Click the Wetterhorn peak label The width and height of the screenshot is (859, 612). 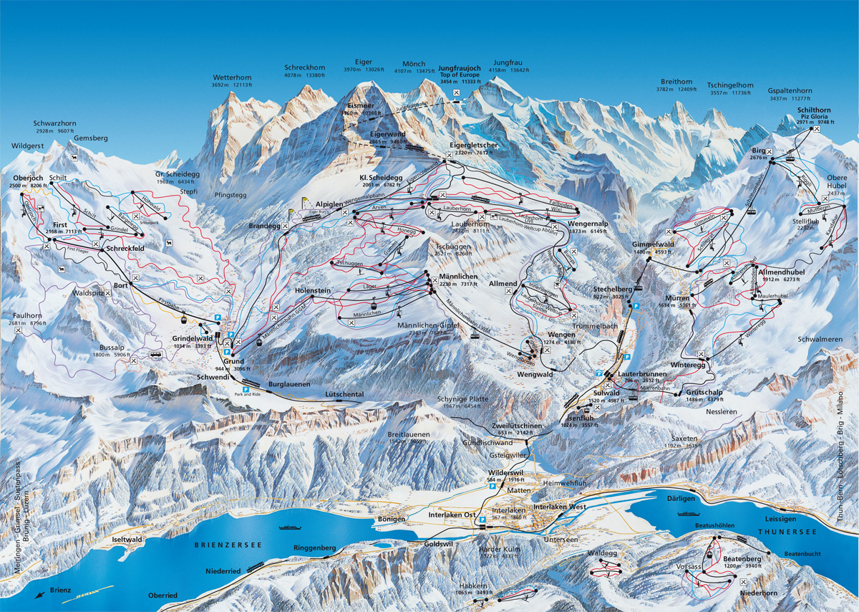coord(232,77)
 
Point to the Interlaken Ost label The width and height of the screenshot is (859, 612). coord(452,515)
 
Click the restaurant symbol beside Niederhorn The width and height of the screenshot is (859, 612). coord(739,583)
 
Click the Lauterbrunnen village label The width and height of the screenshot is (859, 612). coord(643,375)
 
